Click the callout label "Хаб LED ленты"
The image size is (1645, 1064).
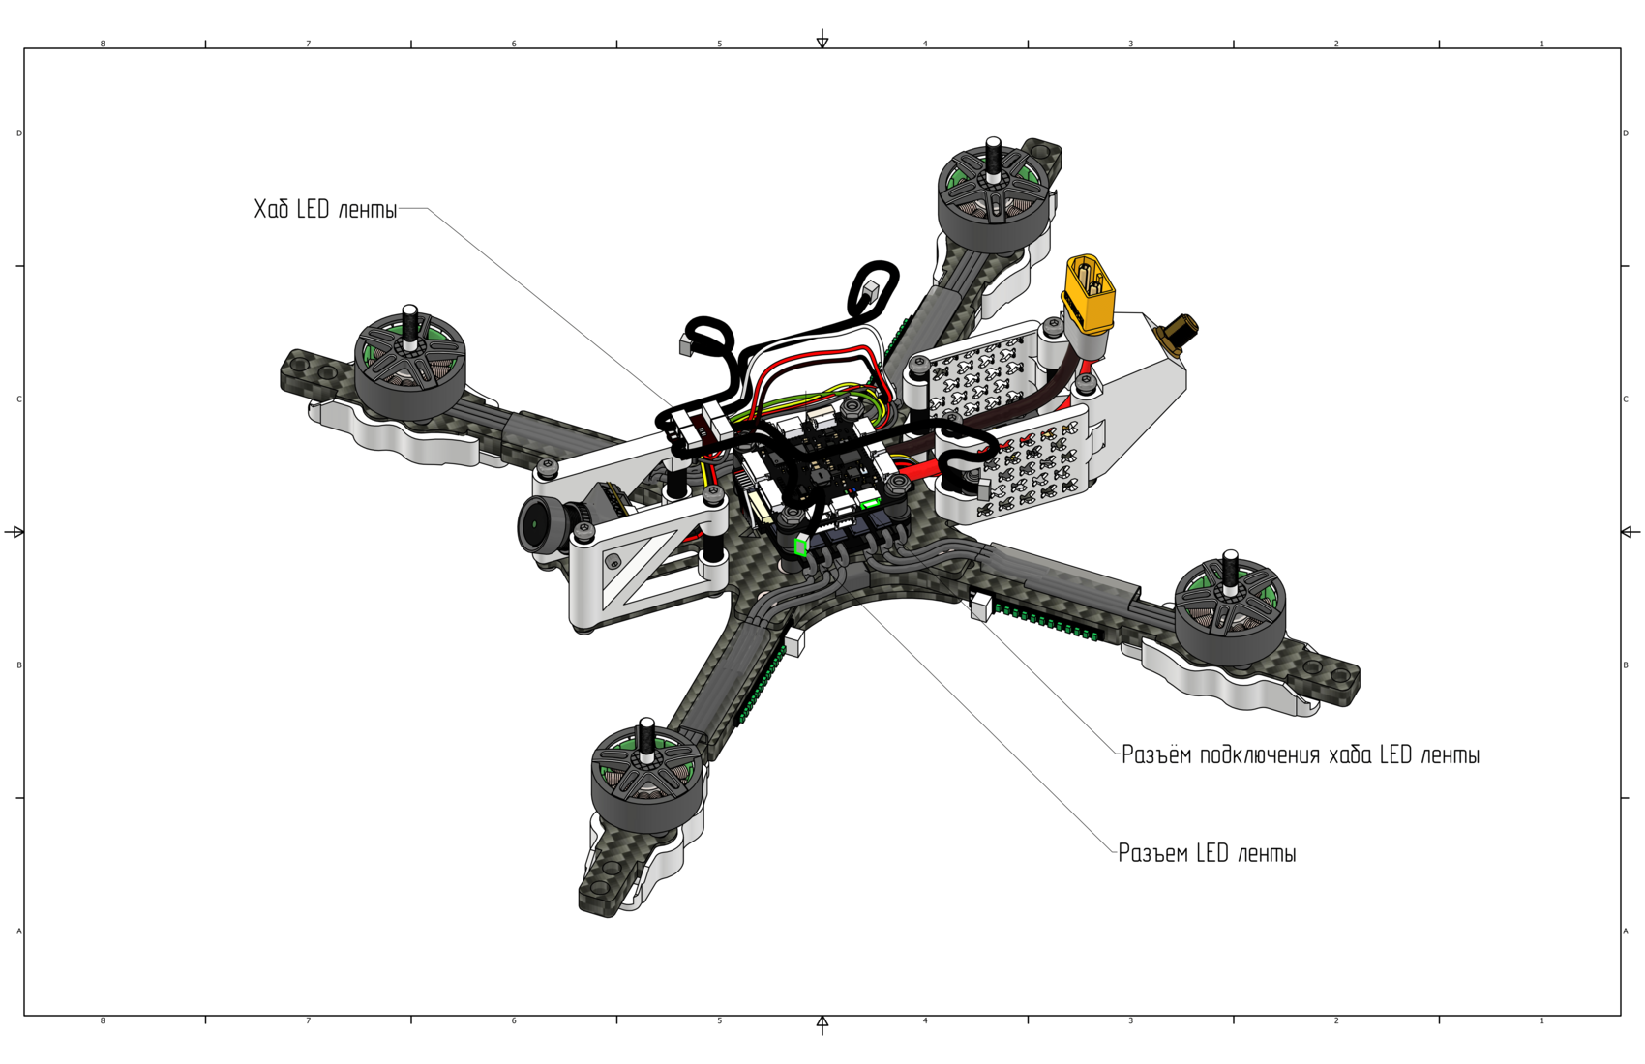click(x=325, y=209)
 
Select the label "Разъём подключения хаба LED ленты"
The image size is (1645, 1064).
click(x=1300, y=754)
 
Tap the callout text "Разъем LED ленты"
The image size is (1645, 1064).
click(x=1208, y=853)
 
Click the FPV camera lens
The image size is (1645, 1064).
click(x=537, y=525)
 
